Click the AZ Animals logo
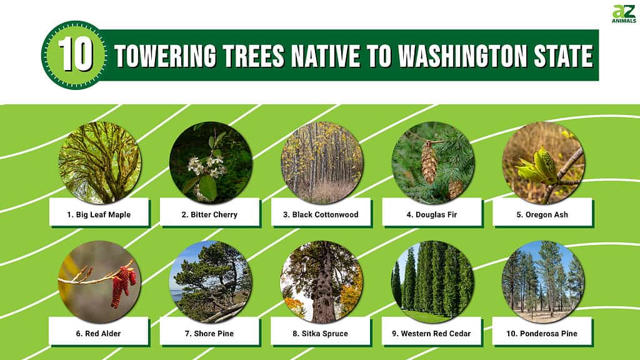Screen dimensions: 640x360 coord(624,14)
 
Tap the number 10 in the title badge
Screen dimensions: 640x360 coord(75,55)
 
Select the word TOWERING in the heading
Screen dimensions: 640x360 coord(165,56)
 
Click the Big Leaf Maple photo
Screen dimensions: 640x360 coord(99,162)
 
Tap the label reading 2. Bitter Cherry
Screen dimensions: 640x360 coord(209,214)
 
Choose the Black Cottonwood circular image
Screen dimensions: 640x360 coord(322,162)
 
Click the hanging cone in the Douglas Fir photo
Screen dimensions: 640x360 coord(429,162)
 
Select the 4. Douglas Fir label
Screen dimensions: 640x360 coord(431,214)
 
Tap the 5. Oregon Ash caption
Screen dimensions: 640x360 coord(542,214)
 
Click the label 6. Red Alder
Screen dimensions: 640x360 coord(98,334)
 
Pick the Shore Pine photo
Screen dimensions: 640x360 coord(211,282)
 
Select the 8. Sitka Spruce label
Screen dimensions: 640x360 coord(321,334)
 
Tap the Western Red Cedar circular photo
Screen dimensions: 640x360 coord(432,282)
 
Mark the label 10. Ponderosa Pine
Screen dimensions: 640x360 coord(542,334)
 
